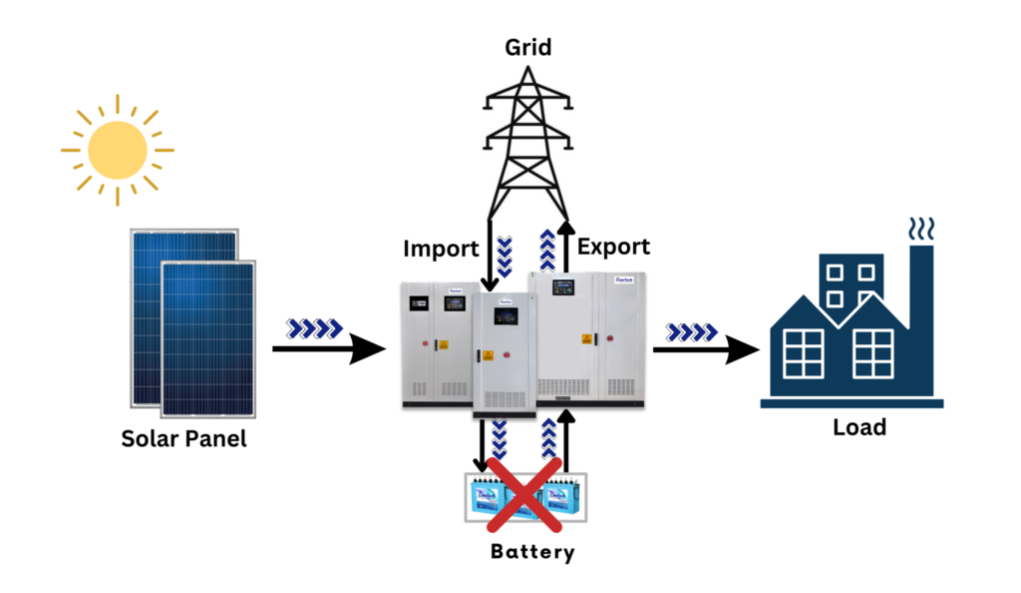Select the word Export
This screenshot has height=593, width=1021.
pyautogui.click(x=613, y=246)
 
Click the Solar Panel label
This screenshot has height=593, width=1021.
pyautogui.click(x=183, y=437)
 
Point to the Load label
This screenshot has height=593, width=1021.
pyautogui.click(x=858, y=427)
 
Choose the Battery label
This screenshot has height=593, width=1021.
pyautogui.click(x=532, y=551)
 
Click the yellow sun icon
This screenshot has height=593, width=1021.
pyautogui.click(x=118, y=151)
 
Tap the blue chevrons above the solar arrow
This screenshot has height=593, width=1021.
pyautogui.click(x=314, y=327)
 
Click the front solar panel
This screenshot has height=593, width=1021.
pyautogui.click(x=207, y=339)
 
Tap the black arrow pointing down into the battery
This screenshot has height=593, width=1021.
pyautogui.click(x=483, y=445)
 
